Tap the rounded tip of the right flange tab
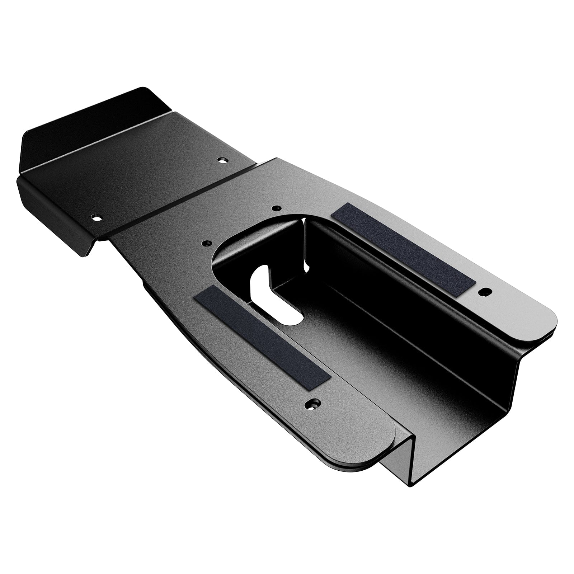549,319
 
